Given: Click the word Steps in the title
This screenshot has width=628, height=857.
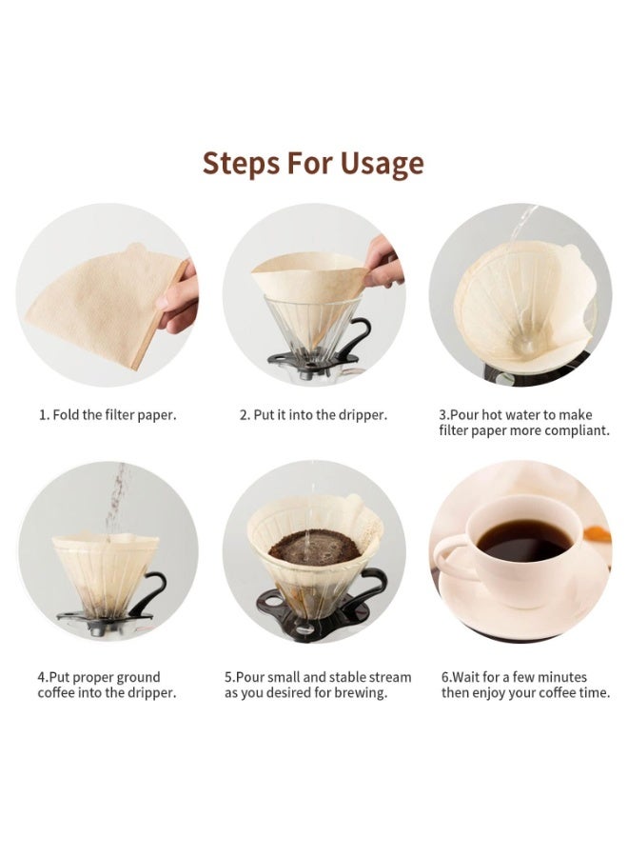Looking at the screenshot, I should (242, 163).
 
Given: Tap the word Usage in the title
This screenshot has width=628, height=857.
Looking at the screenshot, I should (378, 164).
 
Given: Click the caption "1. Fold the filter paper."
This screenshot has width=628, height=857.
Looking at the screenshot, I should (108, 415).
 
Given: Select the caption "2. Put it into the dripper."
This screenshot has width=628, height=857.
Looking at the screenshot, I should (313, 415).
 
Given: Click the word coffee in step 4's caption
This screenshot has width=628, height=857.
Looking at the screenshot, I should (57, 693).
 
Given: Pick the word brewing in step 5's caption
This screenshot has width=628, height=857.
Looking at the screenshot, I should (363, 693).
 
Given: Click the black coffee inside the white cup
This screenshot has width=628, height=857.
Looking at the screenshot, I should (522, 541).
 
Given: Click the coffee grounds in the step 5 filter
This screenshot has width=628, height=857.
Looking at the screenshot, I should (313, 548).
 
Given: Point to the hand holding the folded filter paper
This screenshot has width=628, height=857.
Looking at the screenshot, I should (178, 297).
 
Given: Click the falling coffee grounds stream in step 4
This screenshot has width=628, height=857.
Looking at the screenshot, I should (116, 500).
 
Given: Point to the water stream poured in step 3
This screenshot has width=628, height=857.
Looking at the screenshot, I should (521, 229).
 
